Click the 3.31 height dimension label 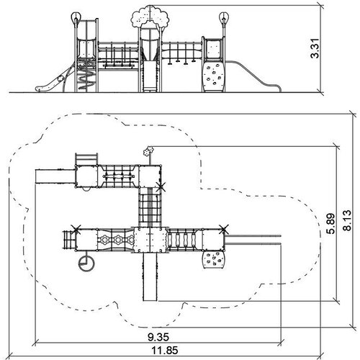coord(315,48)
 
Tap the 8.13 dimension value coord(347,220)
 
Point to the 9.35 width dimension coord(158,337)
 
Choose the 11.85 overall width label coord(165,351)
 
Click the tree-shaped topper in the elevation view coord(150,17)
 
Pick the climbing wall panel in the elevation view coord(213,77)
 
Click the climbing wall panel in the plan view coord(214,260)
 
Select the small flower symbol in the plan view coord(148,151)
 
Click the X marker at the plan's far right coord(224,230)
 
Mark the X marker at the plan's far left coord(76,230)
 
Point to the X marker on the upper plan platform coord(161,187)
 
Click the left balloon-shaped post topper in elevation coord(75,18)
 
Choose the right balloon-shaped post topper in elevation coord(224,17)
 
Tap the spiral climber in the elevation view coord(86,76)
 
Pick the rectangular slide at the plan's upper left coord(55,176)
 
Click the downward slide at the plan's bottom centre coord(150,276)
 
